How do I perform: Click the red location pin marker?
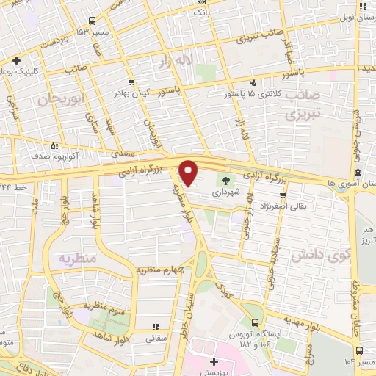(x=189, y=173)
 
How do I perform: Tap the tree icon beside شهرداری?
(x=226, y=178)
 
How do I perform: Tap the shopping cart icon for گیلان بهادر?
(x=131, y=82)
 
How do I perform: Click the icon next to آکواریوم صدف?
(x=53, y=145)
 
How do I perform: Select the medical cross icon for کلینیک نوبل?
(x=16, y=61)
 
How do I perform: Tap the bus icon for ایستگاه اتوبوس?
(x=254, y=322)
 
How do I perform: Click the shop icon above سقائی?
(x=155, y=327)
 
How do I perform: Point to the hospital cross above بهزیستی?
(x=214, y=362)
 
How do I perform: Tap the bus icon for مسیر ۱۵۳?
(x=91, y=21)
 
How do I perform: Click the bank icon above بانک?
(x=200, y=2)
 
